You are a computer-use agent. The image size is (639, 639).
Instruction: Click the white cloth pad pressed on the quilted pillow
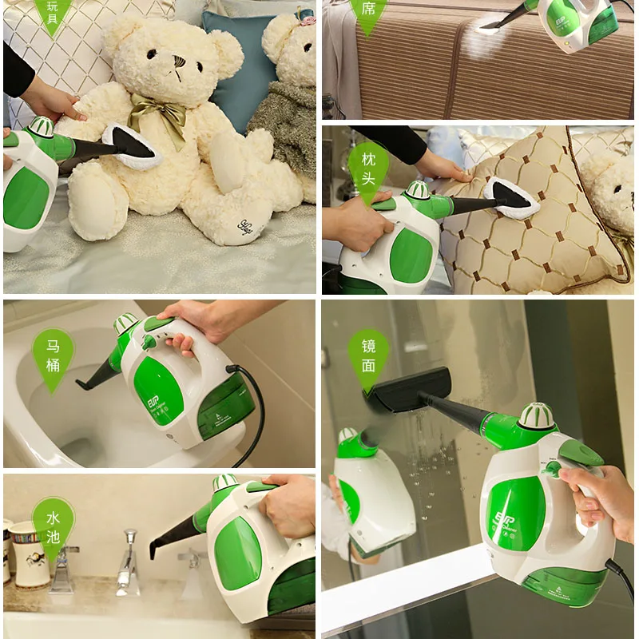pos(511,196)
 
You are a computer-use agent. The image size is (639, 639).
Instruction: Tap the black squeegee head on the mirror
pos(407,391)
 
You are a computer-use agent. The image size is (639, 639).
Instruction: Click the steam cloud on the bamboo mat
pos(484,40)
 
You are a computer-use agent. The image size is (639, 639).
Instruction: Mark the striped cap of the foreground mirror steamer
pos(536,415)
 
